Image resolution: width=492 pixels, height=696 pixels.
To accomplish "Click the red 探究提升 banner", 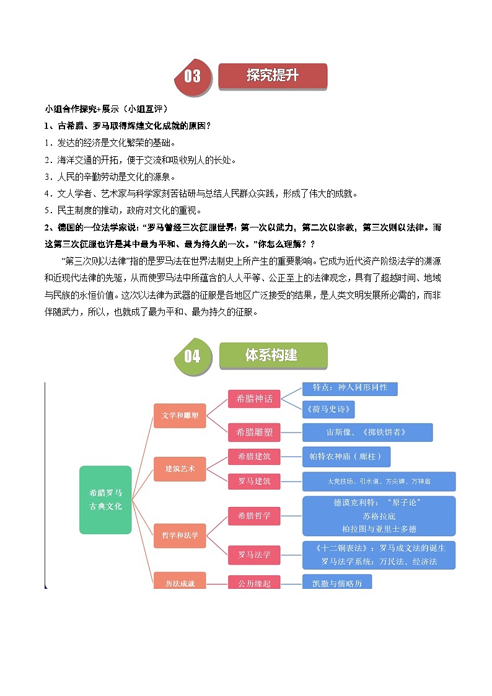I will [273, 76].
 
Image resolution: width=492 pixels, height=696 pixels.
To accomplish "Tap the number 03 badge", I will [193, 76].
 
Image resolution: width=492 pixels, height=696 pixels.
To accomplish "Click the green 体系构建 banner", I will [273, 355].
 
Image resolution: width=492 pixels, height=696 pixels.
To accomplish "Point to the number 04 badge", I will [193, 356].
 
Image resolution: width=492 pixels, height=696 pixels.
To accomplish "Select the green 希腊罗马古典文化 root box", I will [105, 500].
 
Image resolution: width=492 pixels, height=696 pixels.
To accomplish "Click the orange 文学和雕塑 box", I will [180, 415].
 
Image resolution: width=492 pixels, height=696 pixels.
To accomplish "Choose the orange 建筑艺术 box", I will [180, 469].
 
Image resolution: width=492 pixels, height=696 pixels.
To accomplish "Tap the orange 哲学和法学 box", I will [180, 535].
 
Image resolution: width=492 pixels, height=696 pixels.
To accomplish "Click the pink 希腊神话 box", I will [254, 399].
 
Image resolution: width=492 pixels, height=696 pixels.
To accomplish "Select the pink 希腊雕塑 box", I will [254, 432].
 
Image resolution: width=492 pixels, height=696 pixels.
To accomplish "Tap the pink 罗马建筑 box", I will [254, 480].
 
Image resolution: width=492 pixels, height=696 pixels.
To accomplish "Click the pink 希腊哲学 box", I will [254, 515].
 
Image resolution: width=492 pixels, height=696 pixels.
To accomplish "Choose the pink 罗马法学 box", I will [254, 554].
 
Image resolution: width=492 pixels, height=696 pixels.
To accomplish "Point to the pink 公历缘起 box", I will [254, 583].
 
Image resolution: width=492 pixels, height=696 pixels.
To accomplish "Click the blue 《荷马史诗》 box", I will [328, 410].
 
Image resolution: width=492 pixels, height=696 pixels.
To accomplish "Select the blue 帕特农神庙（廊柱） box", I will [346, 457].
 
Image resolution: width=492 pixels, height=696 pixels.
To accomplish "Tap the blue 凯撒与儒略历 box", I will [337, 583].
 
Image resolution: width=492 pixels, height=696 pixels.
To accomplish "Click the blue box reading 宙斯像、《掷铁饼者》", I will [367, 432].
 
